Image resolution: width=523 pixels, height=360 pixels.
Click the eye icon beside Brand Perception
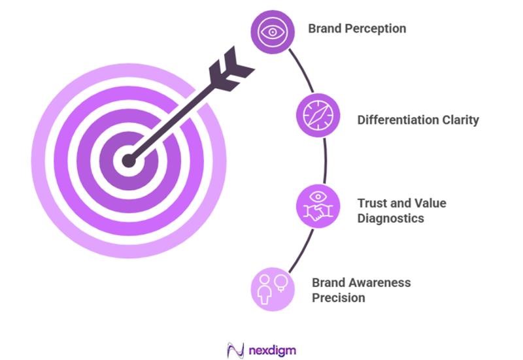click(271, 31)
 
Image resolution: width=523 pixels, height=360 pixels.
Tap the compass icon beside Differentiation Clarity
click(318, 116)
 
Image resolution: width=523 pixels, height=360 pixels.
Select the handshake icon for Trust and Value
click(317, 205)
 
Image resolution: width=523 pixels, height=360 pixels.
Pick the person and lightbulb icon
click(271, 287)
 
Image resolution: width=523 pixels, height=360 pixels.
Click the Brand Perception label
click(357, 29)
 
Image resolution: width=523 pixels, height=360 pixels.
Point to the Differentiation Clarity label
click(418, 120)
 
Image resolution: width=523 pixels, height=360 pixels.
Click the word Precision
click(338, 298)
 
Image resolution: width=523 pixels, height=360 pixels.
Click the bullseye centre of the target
click(128, 159)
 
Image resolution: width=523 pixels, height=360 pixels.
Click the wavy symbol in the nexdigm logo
click(235, 349)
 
